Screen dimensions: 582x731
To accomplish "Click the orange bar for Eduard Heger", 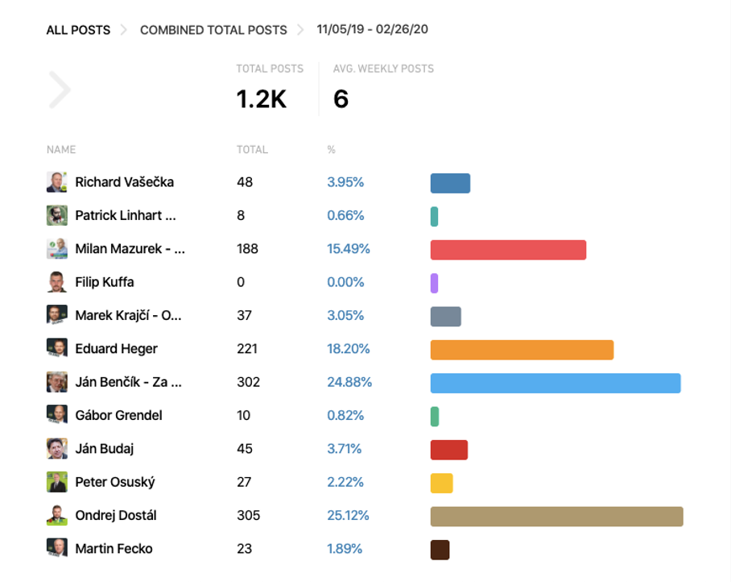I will click(522, 350).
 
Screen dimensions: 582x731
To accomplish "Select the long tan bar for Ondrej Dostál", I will click(556, 517).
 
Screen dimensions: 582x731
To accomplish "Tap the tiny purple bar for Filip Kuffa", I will click(434, 283).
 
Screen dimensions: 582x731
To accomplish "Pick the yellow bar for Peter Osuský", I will click(441, 483).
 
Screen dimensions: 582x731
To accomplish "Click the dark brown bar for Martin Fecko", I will click(440, 550).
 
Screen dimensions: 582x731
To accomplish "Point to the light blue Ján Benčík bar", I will click(555, 383).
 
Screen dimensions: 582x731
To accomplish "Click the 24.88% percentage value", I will click(349, 382).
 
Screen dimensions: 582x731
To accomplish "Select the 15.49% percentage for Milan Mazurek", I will click(349, 249).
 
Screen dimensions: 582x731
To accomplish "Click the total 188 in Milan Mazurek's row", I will click(248, 249).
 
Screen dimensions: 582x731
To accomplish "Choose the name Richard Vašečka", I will click(124, 182).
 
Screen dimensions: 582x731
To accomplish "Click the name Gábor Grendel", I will click(118, 416).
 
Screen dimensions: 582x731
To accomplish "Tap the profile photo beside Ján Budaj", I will click(57, 449).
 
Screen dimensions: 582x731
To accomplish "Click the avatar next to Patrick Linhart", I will click(57, 215).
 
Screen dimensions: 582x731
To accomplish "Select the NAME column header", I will click(61, 150).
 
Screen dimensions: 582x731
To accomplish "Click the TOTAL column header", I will click(252, 150).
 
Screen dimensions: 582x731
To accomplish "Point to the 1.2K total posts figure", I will click(261, 99).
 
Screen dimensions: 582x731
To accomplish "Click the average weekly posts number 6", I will click(341, 99).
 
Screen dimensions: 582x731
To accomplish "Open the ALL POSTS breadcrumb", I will click(78, 30).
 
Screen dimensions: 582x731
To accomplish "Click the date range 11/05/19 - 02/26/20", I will click(372, 30).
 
